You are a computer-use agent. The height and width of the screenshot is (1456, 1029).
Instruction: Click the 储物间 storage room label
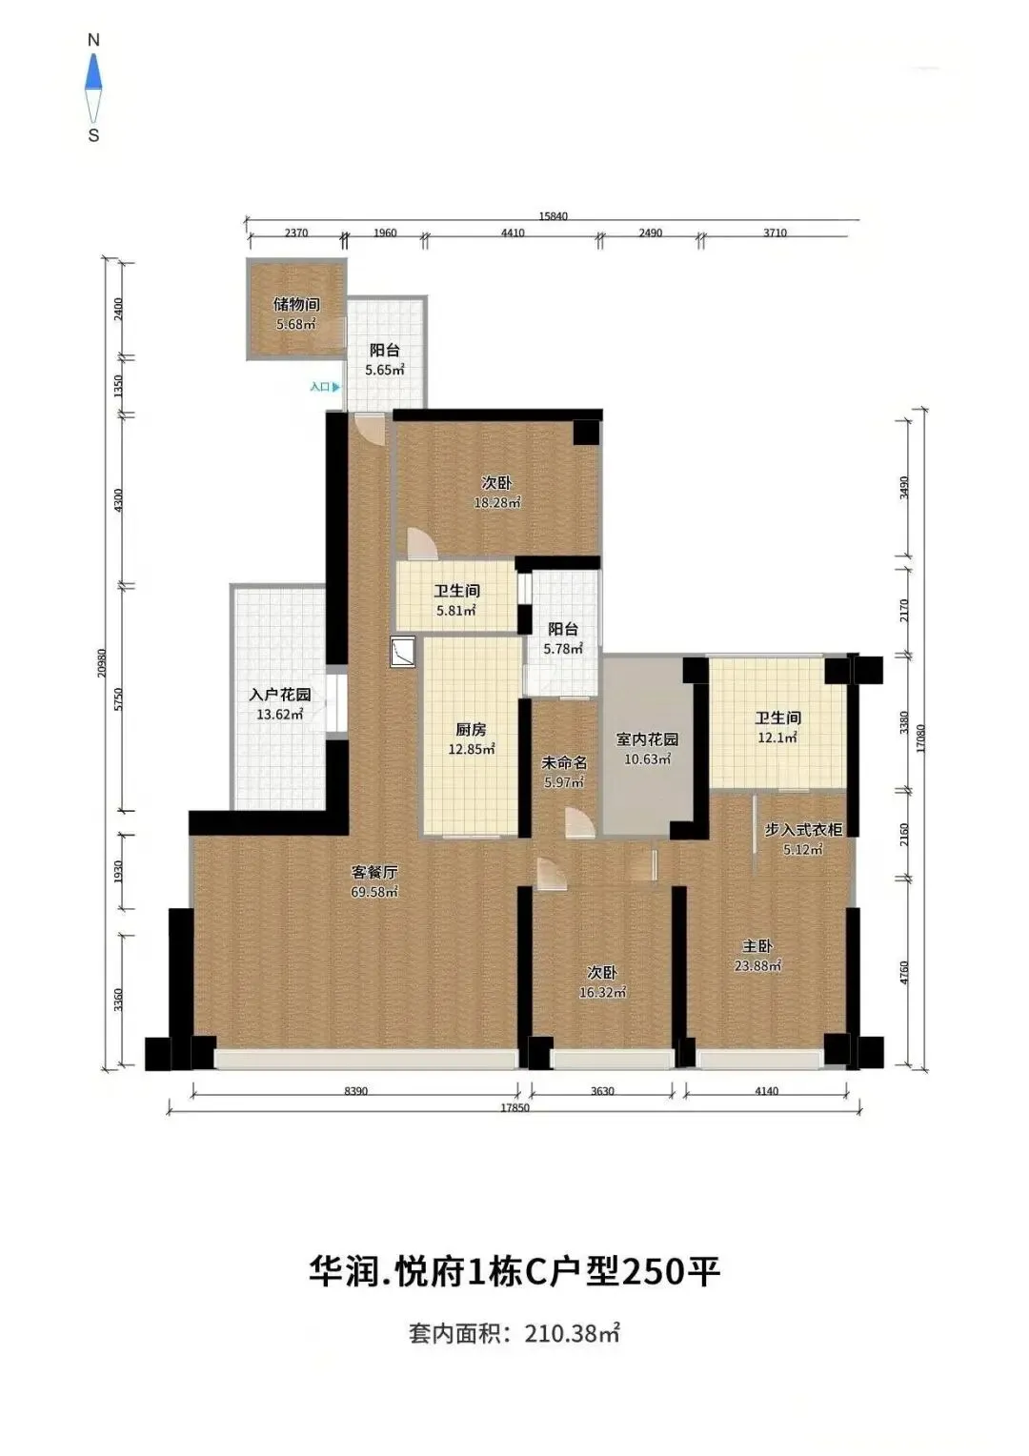click(x=295, y=304)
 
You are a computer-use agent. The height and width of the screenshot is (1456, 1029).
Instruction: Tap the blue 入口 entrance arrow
click(x=335, y=387)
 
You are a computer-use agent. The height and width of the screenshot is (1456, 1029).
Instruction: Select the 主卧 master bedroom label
click(x=757, y=946)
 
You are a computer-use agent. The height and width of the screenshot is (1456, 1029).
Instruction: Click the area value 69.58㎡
click(x=374, y=892)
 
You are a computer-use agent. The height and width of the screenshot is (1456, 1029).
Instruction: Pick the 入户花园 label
click(x=280, y=695)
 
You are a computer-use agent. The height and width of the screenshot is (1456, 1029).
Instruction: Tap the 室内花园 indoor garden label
click(x=647, y=739)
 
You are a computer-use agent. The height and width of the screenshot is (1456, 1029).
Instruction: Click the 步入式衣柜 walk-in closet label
click(x=803, y=829)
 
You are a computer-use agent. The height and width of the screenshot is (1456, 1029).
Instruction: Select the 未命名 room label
click(x=564, y=761)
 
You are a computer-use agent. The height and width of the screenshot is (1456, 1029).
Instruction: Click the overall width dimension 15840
click(x=554, y=215)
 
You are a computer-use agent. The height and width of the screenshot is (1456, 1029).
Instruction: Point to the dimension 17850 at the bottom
click(x=514, y=1107)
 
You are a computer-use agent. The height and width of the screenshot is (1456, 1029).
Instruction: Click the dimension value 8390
click(x=355, y=1091)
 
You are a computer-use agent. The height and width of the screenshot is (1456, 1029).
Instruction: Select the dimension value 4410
click(x=513, y=233)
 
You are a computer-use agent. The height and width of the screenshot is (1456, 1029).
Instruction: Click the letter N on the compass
click(x=93, y=40)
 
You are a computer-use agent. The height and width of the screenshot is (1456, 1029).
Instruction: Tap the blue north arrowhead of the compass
click(x=94, y=71)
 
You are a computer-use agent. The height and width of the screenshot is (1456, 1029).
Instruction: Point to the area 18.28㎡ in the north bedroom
click(x=497, y=502)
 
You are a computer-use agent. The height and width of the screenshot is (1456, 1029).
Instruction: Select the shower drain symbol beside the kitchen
click(x=402, y=653)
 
